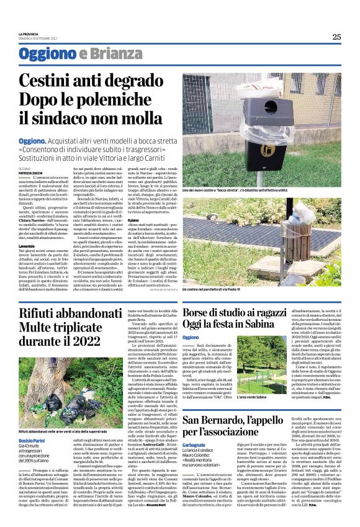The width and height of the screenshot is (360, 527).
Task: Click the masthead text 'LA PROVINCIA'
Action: click(x=30, y=34)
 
